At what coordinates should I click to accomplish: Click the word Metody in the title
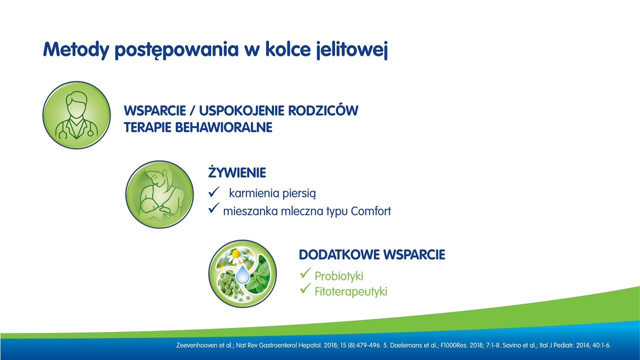(x=76, y=50)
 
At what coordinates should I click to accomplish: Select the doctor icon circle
(x=76, y=115)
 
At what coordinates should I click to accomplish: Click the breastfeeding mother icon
(x=159, y=194)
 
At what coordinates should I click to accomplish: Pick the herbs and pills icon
(x=242, y=273)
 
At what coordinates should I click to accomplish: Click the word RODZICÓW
(x=323, y=110)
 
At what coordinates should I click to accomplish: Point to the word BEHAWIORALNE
(x=223, y=127)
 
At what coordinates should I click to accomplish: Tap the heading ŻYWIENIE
(x=237, y=172)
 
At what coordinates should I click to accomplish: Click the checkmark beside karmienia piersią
(x=213, y=191)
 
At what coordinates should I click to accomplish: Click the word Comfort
(x=370, y=211)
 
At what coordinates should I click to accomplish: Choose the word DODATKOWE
(x=339, y=254)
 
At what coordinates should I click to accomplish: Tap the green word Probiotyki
(x=339, y=276)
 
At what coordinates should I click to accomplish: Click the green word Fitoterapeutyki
(x=351, y=291)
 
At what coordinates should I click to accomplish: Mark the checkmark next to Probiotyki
(x=305, y=273)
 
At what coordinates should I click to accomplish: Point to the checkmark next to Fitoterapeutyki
(x=305, y=288)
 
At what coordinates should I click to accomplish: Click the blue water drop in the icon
(x=242, y=274)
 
